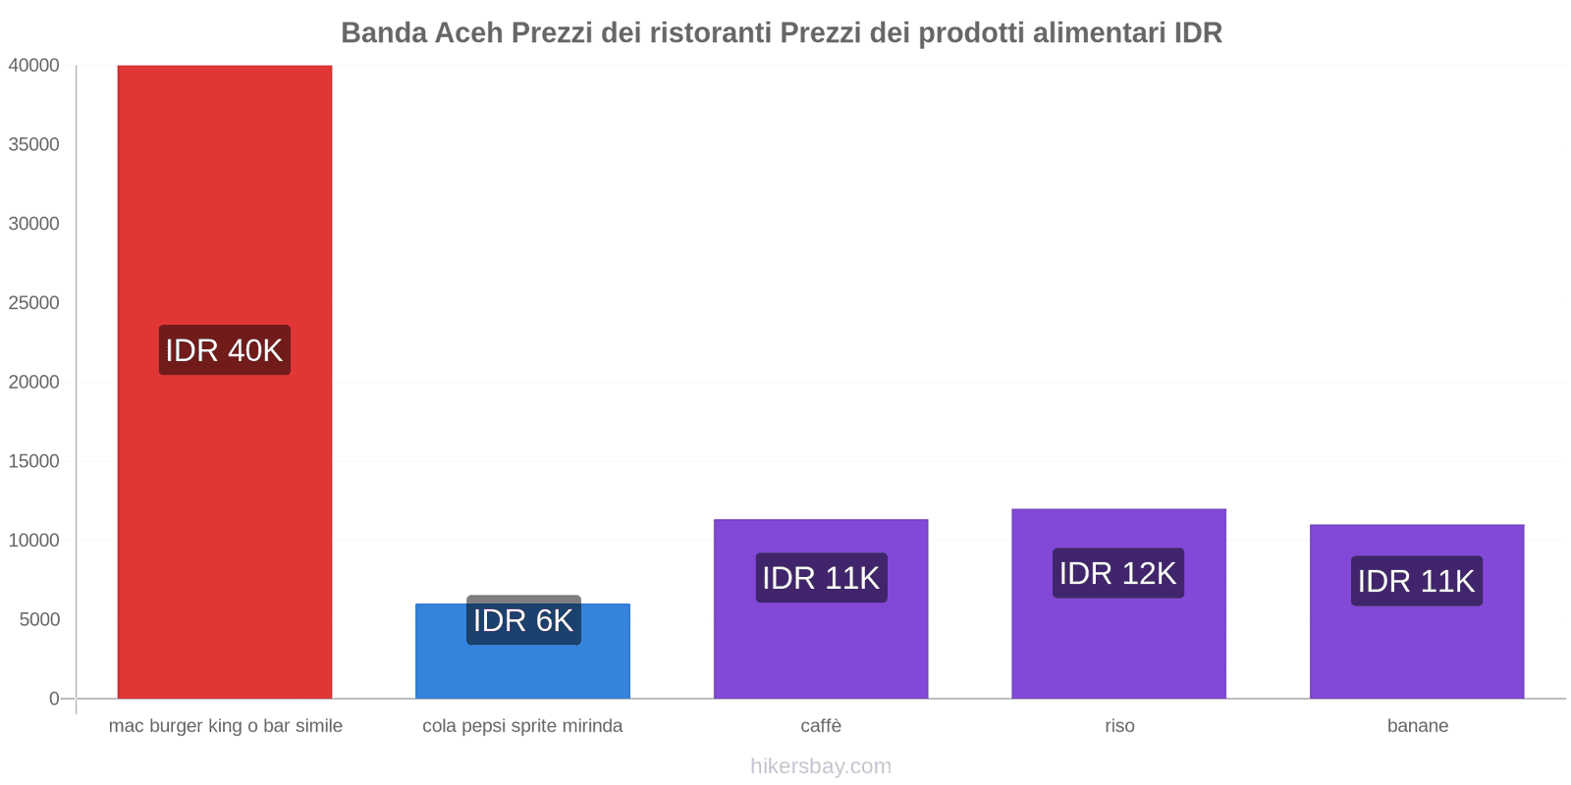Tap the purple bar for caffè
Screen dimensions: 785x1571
[821, 648]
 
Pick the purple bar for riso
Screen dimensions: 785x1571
[1118, 648]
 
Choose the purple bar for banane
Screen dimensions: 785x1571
[1417, 648]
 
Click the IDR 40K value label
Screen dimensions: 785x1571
[224, 350]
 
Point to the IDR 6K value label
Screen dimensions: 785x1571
[523, 620]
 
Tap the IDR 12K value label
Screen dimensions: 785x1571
[1118, 573]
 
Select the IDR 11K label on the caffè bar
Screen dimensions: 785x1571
[821, 578]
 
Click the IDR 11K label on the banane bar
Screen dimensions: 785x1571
[1417, 581]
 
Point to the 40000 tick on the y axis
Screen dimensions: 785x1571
[34, 66]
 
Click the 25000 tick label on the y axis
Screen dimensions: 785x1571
[34, 303]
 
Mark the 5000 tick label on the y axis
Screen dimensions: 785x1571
[39, 620]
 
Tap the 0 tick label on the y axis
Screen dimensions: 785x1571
[54, 699]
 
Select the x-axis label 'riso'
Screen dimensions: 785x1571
[1119, 726]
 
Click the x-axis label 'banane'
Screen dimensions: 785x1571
[1418, 726]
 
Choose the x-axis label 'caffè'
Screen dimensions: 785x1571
[821, 726]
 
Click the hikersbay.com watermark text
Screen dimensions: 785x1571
[821, 766]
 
